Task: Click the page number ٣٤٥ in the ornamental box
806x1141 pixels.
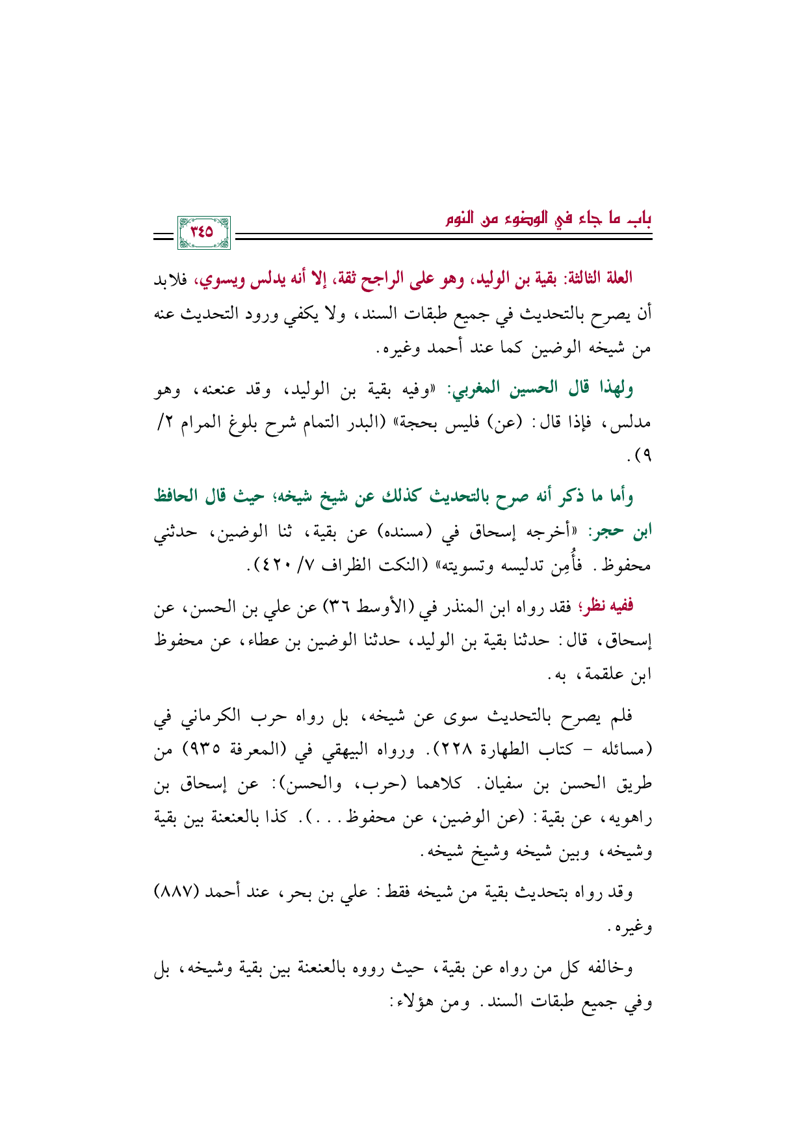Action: pyautogui.click(x=202, y=232)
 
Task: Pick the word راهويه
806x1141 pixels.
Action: pyautogui.click(x=624, y=818)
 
